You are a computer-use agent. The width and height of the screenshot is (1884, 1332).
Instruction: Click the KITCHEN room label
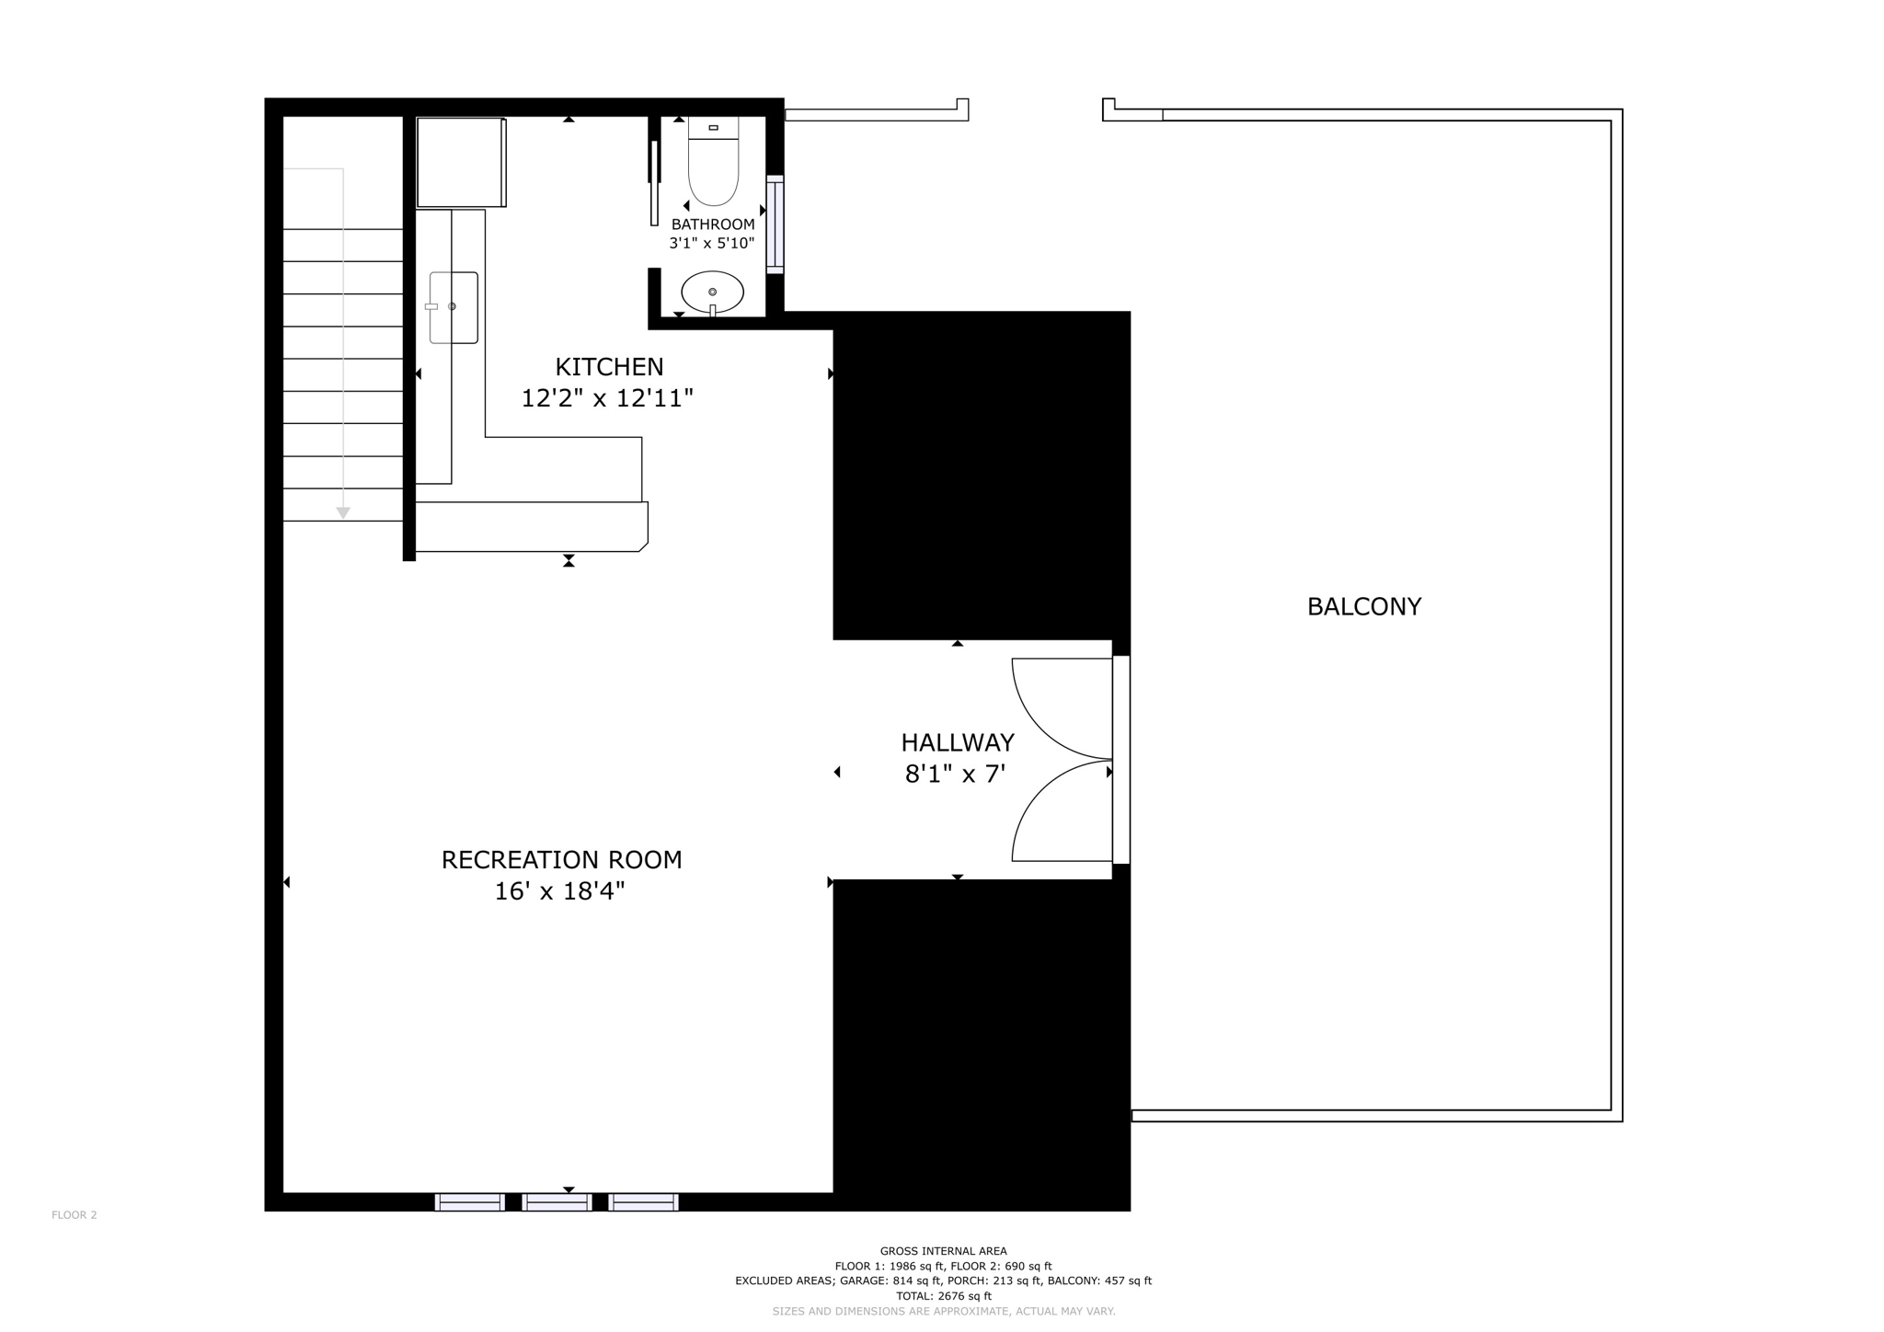tap(609, 367)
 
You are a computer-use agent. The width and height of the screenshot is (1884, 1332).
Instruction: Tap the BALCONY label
tap(1363, 607)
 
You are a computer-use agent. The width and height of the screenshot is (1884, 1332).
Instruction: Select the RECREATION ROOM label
tap(561, 860)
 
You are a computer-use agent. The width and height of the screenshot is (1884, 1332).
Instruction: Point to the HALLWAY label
tap(957, 742)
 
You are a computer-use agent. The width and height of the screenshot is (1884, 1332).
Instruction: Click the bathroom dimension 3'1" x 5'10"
tap(711, 244)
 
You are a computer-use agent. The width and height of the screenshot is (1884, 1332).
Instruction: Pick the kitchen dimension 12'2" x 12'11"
tap(607, 398)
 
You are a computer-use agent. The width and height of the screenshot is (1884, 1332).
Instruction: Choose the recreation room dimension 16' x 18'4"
tap(559, 891)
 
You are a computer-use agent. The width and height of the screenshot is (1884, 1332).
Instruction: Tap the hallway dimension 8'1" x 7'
tap(955, 775)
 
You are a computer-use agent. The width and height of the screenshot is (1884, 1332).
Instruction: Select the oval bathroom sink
tap(712, 293)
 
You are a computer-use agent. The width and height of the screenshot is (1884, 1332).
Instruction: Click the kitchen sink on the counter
tap(454, 307)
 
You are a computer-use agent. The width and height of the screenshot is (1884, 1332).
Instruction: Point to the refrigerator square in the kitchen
tap(460, 162)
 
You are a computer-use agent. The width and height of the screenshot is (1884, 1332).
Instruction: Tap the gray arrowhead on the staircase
tap(343, 512)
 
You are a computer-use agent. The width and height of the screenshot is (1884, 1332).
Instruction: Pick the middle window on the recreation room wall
tap(557, 1202)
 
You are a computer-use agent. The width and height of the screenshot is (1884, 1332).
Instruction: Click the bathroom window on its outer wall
tap(775, 224)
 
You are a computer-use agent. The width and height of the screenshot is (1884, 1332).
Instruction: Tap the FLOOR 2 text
tap(75, 1215)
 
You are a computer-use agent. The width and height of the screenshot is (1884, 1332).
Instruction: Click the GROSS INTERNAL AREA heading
tap(943, 1251)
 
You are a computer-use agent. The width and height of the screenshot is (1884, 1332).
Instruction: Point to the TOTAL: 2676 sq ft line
tap(943, 1296)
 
